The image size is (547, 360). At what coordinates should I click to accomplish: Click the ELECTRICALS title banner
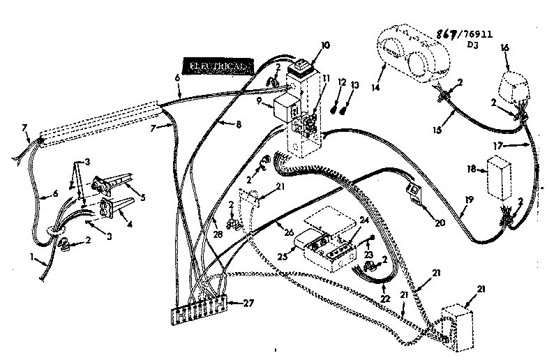pyautogui.click(x=218, y=66)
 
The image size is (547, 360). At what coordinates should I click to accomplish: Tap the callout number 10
pyautogui.click(x=325, y=46)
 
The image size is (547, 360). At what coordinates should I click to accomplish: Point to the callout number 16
pyautogui.click(x=506, y=47)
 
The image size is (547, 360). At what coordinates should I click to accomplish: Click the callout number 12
pyautogui.click(x=342, y=84)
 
